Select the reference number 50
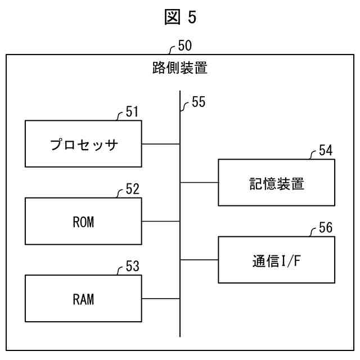[x=185, y=45]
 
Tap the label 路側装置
[x=180, y=68]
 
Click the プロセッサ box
[x=83, y=143]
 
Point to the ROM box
[x=83, y=221]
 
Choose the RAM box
[x=83, y=299]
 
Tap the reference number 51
[x=132, y=112]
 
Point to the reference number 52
[x=132, y=190]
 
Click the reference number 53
[x=132, y=267]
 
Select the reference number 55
[x=198, y=102]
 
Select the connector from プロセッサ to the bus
[x=161, y=143]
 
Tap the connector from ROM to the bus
[x=161, y=221]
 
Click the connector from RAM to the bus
[x=161, y=299]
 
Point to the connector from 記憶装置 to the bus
[x=199, y=182]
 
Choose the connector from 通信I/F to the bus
[x=199, y=260]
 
